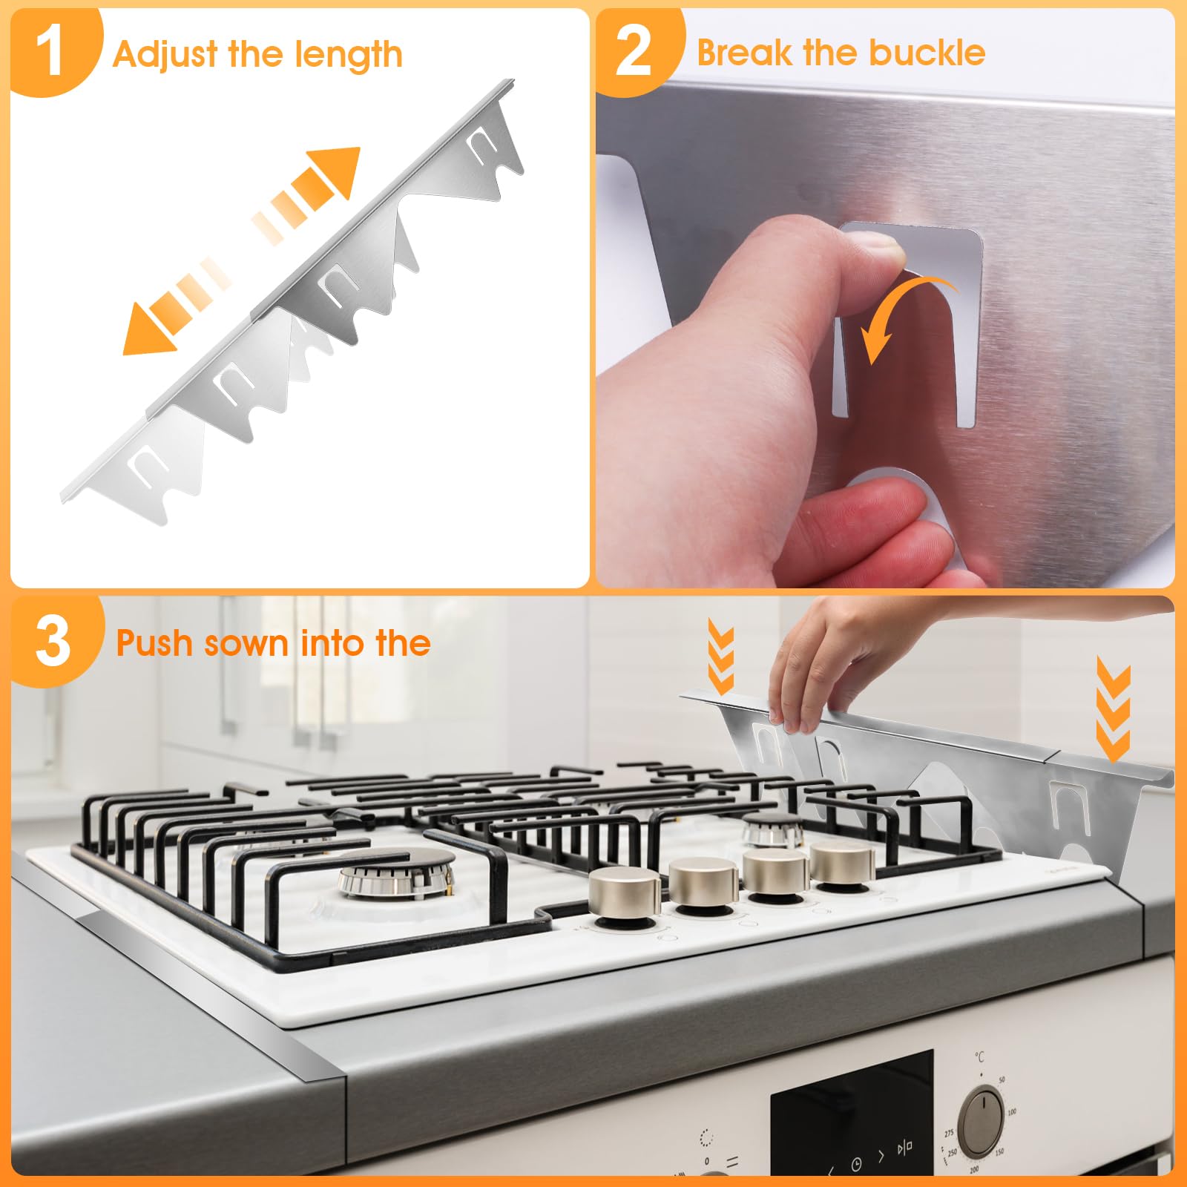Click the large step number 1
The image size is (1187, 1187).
coord(49,52)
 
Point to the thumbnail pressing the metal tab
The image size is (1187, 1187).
coord(875,245)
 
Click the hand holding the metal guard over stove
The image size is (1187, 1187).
coord(816,668)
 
